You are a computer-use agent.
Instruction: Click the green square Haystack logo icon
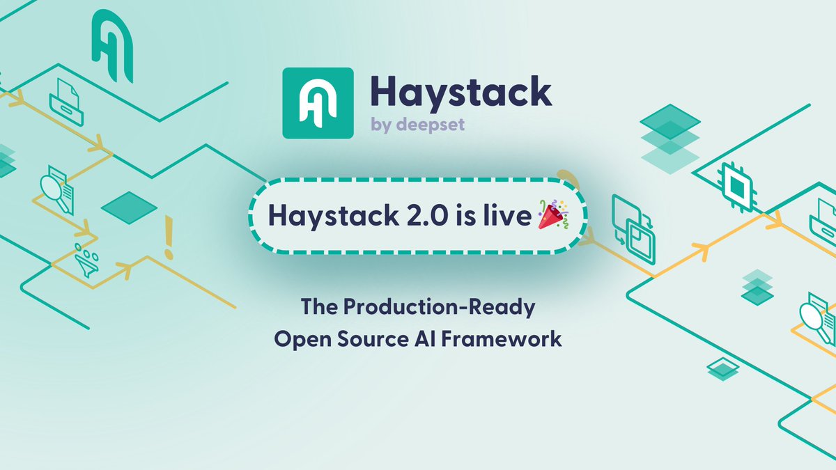point(317,102)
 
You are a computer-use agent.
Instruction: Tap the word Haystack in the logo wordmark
point(460,92)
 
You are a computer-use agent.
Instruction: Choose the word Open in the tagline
point(297,340)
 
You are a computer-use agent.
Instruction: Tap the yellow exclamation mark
point(168,237)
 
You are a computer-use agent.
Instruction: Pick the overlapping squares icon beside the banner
point(633,228)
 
